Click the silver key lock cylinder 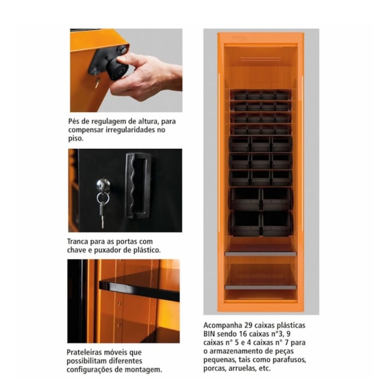point(103,184)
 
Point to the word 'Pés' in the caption point(75,121)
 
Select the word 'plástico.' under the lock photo point(144,250)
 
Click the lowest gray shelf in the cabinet point(260,287)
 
